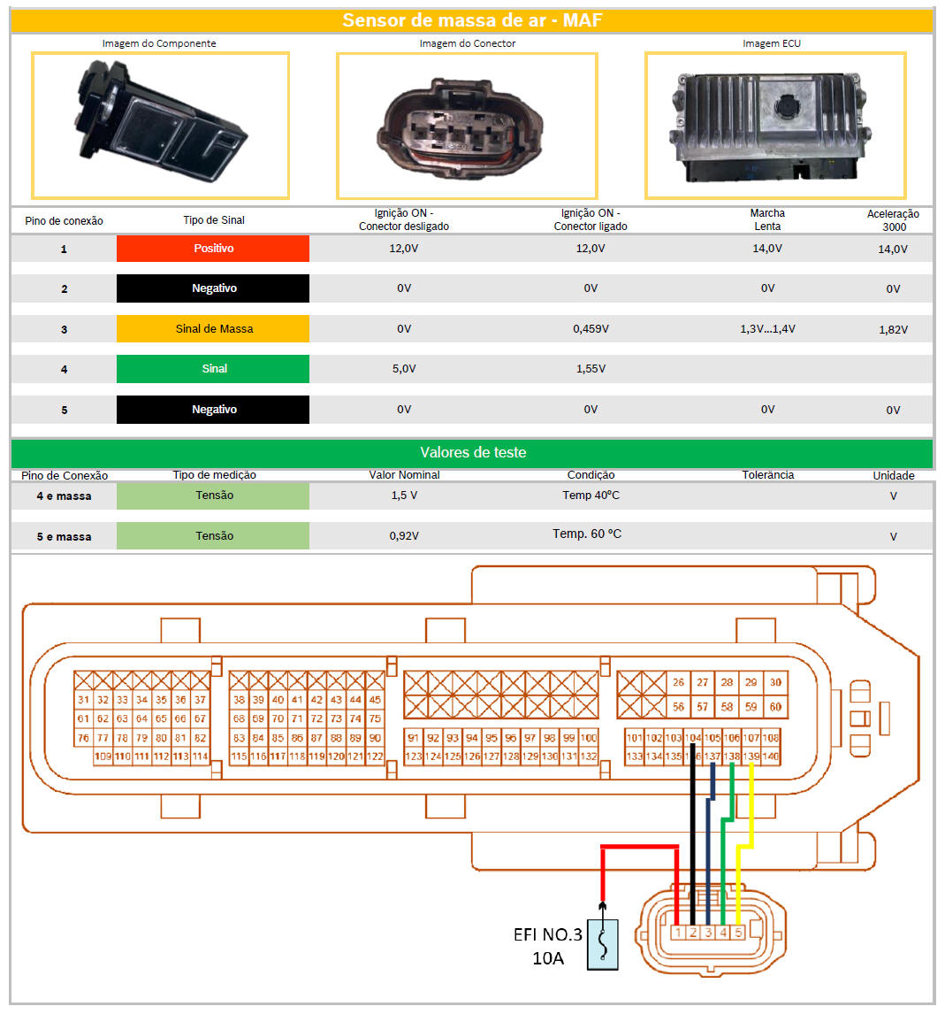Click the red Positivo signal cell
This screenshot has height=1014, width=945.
[213, 249]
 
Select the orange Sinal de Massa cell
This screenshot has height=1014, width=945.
[213, 328]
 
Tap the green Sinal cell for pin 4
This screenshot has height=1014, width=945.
[213, 368]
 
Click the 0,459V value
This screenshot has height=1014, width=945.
[591, 329]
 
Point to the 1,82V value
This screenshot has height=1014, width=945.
[893, 329]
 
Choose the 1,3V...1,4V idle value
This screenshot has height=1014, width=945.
[767, 329]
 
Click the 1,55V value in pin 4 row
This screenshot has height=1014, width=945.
[591, 369]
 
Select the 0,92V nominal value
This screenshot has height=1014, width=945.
[404, 536]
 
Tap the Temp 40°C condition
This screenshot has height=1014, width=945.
[591, 495]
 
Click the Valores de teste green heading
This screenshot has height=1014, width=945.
[472, 452]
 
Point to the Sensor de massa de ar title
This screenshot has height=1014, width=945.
[472, 19]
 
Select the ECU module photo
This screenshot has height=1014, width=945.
[774, 124]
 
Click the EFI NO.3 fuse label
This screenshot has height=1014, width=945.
[548, 935]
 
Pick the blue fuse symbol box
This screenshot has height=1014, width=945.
[603, 944]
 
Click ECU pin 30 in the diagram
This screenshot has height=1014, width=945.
[775, 682]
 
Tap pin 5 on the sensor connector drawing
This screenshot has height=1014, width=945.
[738, 933]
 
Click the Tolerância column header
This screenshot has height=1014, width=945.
[767, 475]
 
